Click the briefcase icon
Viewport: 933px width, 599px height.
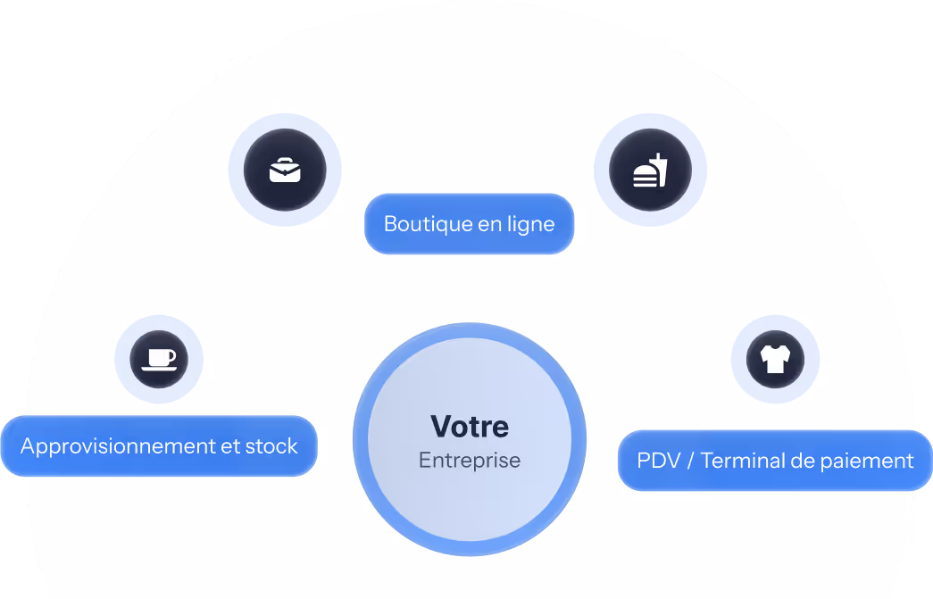click(285, 170)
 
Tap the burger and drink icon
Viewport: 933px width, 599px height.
click(650, 171)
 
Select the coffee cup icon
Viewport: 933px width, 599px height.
click(159, 359)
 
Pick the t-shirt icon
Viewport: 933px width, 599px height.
click(775, 360)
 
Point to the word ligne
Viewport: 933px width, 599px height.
click(530, 224)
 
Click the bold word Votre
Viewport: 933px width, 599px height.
click(470, 426)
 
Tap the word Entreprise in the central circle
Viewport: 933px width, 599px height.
click(470, 461)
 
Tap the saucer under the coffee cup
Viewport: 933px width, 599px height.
click(159, 368)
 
